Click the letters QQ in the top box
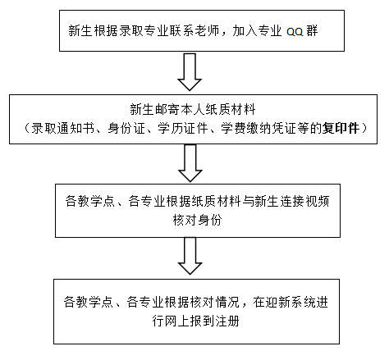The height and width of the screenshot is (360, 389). (x=295, y=32)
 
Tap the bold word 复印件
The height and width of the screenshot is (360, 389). (x=341, y=128)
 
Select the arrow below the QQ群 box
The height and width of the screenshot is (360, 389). (x=190, y=72)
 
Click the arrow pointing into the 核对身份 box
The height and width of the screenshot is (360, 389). (x=190, y=163)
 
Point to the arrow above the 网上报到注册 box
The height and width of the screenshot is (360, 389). (x=190, y=256)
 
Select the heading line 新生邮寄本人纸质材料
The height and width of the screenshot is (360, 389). (x=193, y=110)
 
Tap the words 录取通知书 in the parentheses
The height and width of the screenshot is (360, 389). (x=62, y=128)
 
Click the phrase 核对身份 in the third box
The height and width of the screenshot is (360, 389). (x=197, y=220)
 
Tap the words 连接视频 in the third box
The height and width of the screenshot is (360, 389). (x=304, y=201)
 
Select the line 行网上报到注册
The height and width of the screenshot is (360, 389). (x=196, y=321)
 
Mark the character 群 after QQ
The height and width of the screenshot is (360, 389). (x=312, y=30)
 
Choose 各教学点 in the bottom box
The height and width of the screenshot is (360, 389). (x=89, y=303)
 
